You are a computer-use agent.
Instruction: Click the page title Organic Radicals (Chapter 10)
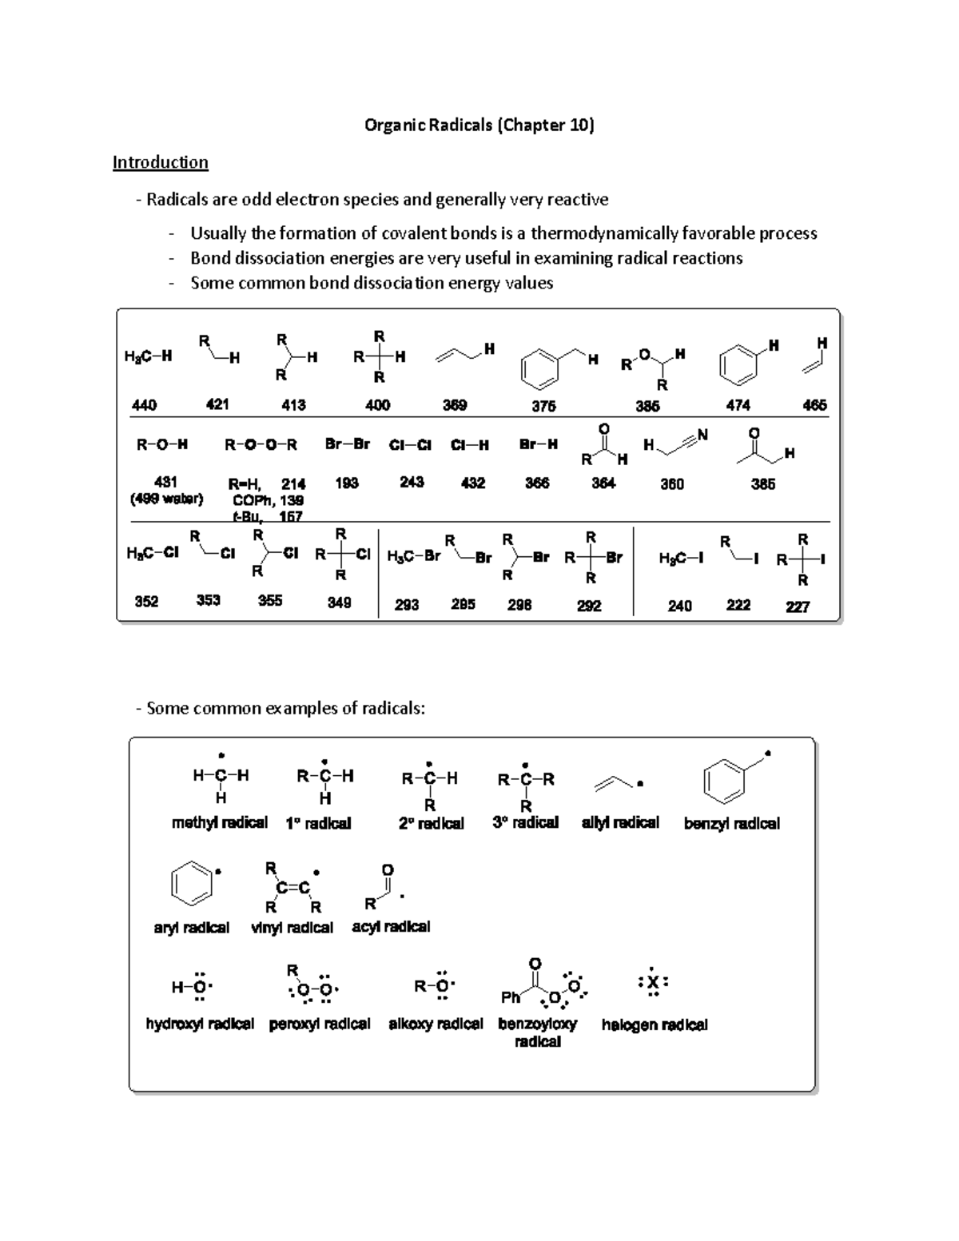[479, 125]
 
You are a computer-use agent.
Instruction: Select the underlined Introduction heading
[160, 162]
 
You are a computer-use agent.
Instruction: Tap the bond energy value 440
[144, 405]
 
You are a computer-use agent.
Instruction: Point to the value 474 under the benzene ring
[738, 405]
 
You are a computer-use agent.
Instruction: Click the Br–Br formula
[348, 444]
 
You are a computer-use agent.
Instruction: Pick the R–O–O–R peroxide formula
[261, 444]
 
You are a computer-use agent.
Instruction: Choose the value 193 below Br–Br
[347, 483]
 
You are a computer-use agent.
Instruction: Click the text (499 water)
[166, 499]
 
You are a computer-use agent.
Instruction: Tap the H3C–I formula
[681, 559]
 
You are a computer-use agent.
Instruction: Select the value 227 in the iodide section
[798, 607]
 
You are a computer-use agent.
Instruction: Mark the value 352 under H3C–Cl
[146, 601]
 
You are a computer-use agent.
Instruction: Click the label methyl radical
[219, 823]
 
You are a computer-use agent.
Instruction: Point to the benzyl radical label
[732, 823]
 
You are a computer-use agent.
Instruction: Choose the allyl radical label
[620, 822]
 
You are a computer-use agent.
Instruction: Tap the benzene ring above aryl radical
[192, 883]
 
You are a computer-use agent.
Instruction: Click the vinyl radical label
[292, 928]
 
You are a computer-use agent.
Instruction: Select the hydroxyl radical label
[200, 1024]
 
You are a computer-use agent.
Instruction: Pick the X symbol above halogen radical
[653, 983]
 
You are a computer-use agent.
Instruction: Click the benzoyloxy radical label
[537, 1032]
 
